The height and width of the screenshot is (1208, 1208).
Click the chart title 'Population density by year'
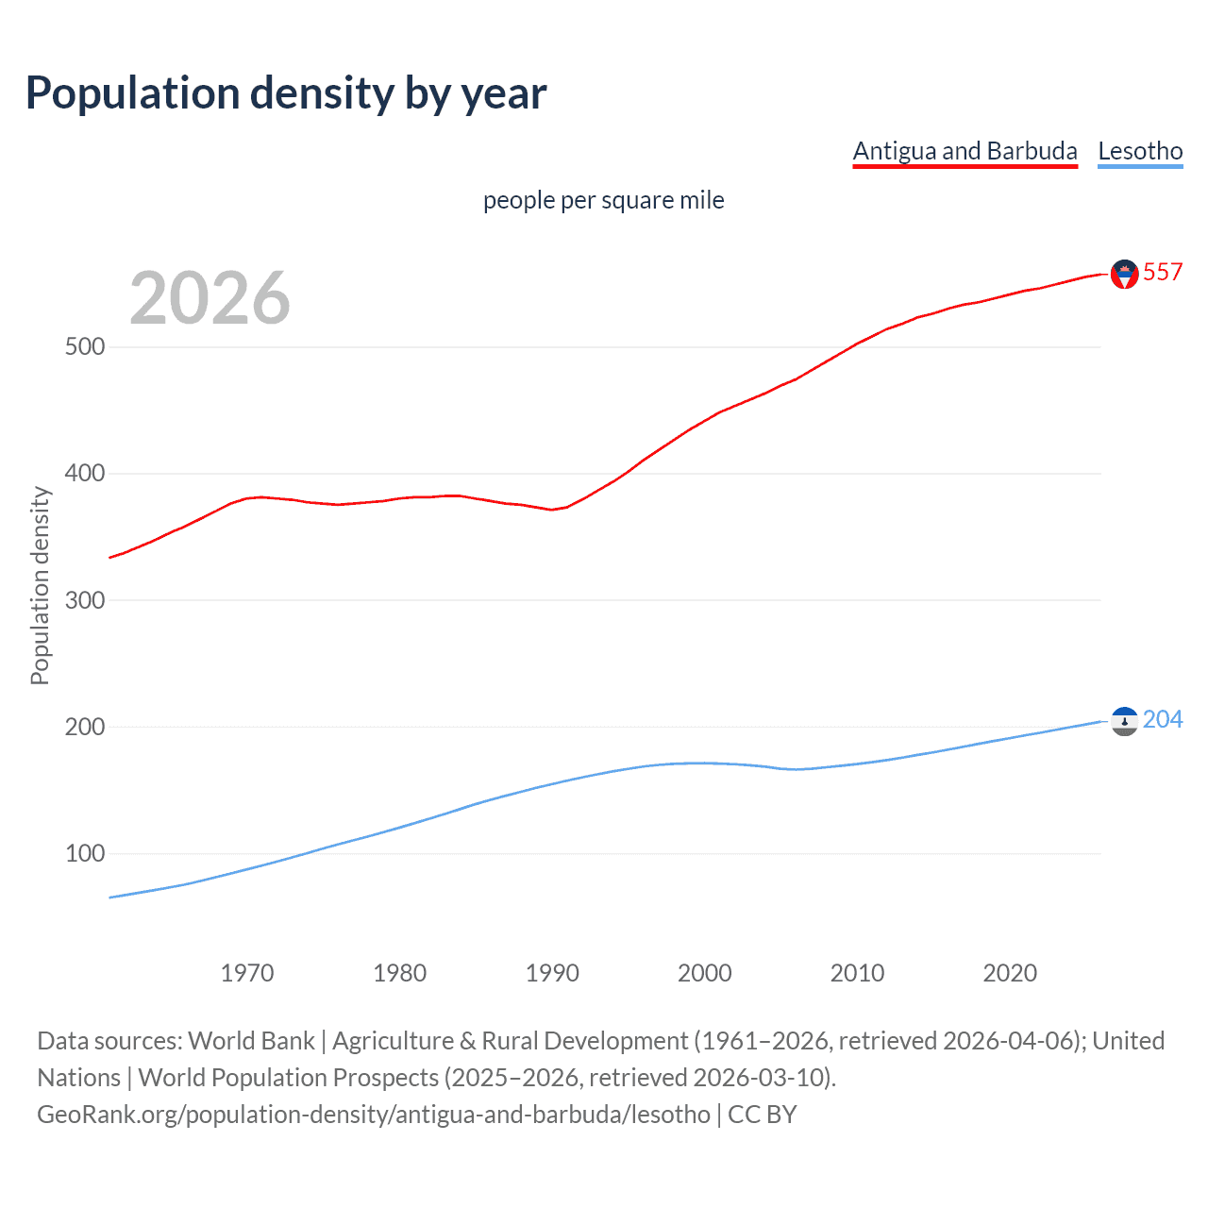(x=286, y=93)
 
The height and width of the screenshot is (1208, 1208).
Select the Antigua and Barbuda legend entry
(x=965, y=151)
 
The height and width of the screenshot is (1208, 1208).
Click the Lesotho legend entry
(x=1140, y=151)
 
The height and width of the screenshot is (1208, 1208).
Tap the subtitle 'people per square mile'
(x=604, y=200)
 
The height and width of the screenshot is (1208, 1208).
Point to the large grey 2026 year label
(x=210, y=298)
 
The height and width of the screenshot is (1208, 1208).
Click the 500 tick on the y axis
(x=85, y=346)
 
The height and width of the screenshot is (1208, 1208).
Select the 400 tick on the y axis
(x=85, y=473)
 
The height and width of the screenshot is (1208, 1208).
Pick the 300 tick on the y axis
(x=85, y=600)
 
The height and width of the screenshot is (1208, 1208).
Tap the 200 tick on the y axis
(x=85, y=727)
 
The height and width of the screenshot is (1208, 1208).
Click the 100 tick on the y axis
(x=85, y=853)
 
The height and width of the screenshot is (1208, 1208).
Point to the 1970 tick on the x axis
(x=247, y=973)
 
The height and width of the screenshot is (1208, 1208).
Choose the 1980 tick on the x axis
(x=399, y=973)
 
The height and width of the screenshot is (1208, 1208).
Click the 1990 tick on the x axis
(x=552, y=973)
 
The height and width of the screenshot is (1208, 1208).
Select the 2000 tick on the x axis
(x=705, y=973)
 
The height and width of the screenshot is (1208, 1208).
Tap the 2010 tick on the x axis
(x=857, y=973)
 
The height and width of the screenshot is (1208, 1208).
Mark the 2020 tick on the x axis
(x=1010, y=973)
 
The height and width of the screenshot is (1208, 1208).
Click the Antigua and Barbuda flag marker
(x=1124, y=274)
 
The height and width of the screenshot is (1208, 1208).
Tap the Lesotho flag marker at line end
(x=1124, y=721)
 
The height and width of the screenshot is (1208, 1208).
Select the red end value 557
(x=1163, y=273)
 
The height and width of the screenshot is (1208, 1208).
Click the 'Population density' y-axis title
(x=40, y=585)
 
